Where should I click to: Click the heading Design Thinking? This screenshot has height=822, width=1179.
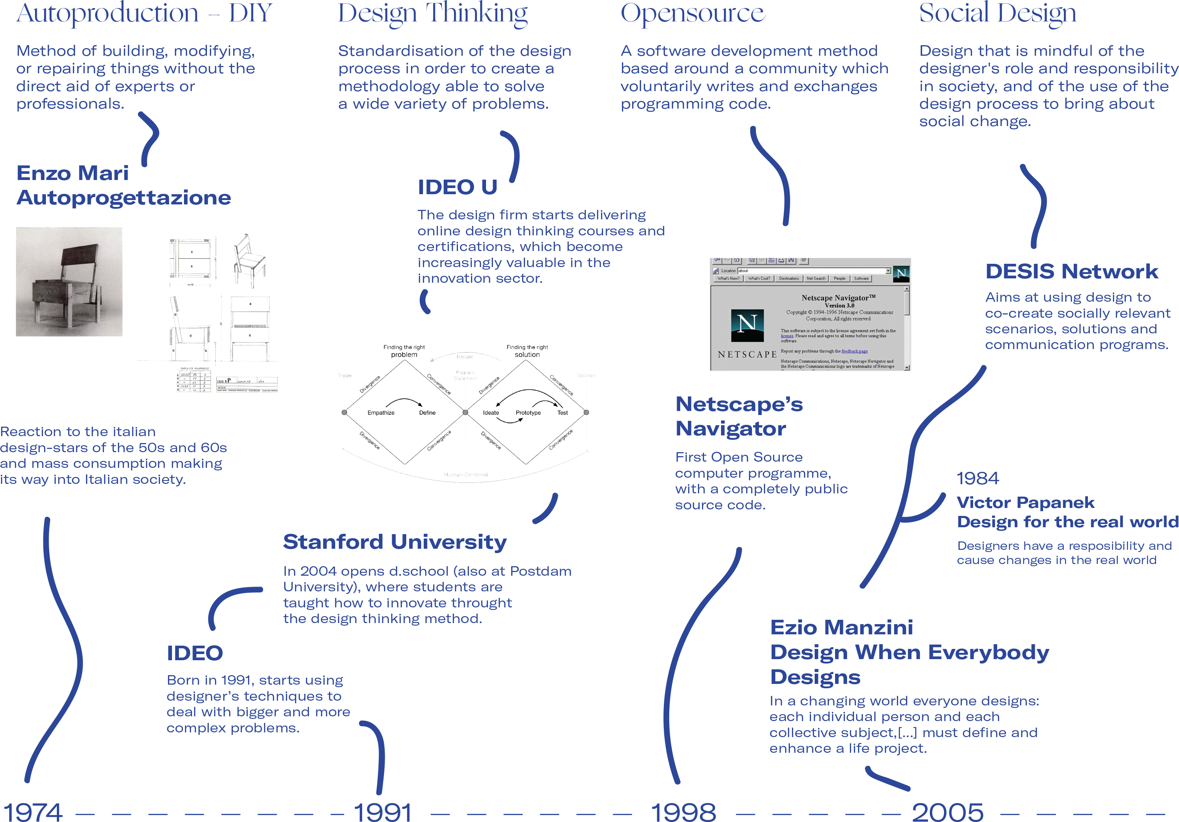tap(432, 13)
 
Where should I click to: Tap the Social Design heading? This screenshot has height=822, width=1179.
tap(997, 13)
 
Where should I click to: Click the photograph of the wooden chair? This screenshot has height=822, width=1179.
tap(69, 282)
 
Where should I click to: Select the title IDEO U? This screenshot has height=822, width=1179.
tap(457, 187)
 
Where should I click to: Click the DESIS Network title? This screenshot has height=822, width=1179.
tap(1071, 271)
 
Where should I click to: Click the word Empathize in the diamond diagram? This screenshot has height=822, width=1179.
tap(381, 413)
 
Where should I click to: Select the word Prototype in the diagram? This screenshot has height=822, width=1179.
tap(528, 413)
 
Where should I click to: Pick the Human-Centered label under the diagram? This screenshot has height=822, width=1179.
tap(465, 474)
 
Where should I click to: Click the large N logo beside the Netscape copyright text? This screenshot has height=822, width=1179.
tap(747, 325)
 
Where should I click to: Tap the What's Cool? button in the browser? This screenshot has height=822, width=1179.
tap(759, 278)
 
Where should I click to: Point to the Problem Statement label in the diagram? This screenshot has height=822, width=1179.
tap(465, 375)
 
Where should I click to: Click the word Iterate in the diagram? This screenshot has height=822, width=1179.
tap(465, 357)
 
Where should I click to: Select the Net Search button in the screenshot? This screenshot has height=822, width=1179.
tap(815, 278)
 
